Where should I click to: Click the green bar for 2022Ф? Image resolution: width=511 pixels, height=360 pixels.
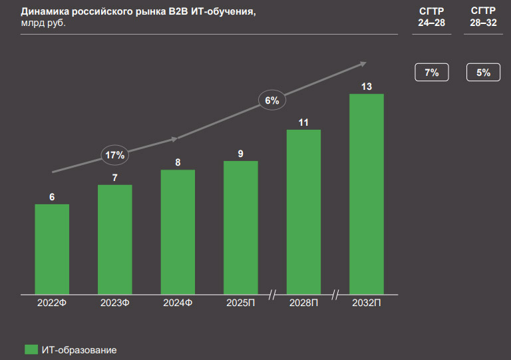(x=52, y=248)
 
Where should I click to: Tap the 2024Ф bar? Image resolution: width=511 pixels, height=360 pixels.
(x=178, y=231)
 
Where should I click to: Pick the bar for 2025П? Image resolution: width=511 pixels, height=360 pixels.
(x=241, y=227)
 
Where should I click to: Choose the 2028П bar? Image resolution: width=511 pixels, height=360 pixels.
(x=303, y=211)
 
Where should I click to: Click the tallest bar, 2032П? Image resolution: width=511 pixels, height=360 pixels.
(x=367, y=193)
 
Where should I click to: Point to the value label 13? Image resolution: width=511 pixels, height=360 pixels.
(x=367, y=87)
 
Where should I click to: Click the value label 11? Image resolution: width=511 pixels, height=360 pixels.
(x=303, y=122)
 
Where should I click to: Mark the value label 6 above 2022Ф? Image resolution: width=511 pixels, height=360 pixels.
(x=52, y=196)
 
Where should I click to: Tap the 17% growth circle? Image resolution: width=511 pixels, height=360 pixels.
(x=115, y=155)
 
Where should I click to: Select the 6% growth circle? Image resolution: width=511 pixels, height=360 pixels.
(x=272, y=101)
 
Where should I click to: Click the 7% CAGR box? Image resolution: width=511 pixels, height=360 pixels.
(x=431, y=73)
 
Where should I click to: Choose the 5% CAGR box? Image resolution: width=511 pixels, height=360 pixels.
(x=483, y=73)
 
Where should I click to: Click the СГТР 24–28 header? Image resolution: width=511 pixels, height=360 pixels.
(x=431, y=17)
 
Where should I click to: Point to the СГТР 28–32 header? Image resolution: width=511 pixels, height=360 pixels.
(x=483, y=17)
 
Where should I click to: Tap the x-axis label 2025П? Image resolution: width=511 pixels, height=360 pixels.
(x=241, y=303)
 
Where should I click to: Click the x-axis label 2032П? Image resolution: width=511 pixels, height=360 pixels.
(x=367, y=303)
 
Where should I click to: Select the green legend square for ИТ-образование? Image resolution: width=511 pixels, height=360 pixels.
(x=31, y=349)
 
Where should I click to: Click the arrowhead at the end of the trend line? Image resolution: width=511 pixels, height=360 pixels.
(x=363, y=63)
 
